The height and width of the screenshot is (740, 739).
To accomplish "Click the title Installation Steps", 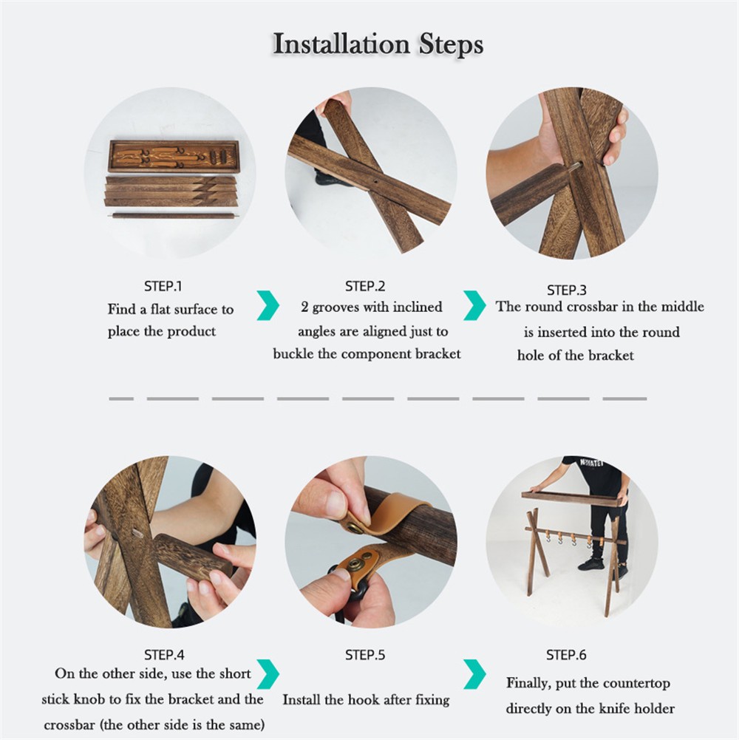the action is tap(378, 45).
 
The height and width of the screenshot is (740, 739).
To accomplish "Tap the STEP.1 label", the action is tap(163, 286).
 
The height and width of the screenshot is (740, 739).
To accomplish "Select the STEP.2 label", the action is tap(365, 286).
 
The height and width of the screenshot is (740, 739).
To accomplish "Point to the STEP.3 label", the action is tap(566, 290).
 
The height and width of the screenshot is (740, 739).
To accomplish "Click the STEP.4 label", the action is tap(164, 654).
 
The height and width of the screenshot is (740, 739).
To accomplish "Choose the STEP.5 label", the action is tap(365, 654).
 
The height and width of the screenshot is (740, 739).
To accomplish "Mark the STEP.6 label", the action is tap(566, 654).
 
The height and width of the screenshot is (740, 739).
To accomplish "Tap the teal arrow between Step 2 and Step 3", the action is tap(474, 305).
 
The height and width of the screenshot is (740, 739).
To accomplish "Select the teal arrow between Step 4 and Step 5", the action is tap(268, 674).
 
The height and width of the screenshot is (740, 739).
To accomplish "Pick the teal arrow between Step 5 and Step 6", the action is tap(474, 674).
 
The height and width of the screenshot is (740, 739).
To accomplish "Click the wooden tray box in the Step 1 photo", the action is tap(174, 156).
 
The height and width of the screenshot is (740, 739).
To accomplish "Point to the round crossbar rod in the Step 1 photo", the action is tap(173, 216).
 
